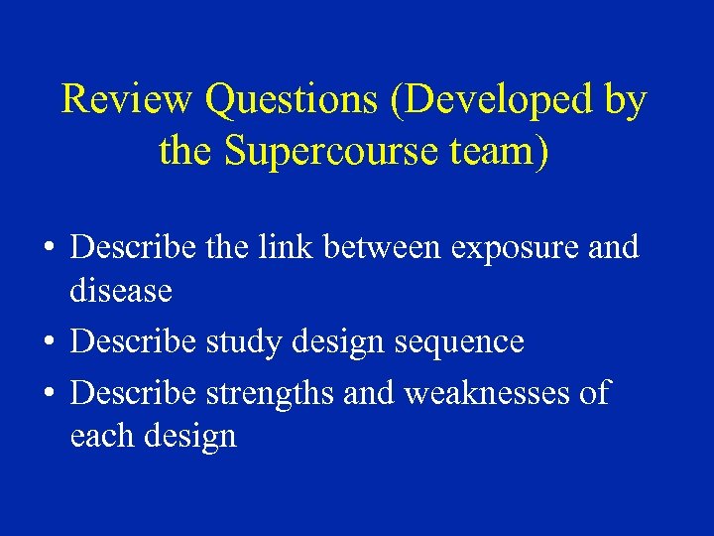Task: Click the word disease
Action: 121,291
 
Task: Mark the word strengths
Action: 271,394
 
